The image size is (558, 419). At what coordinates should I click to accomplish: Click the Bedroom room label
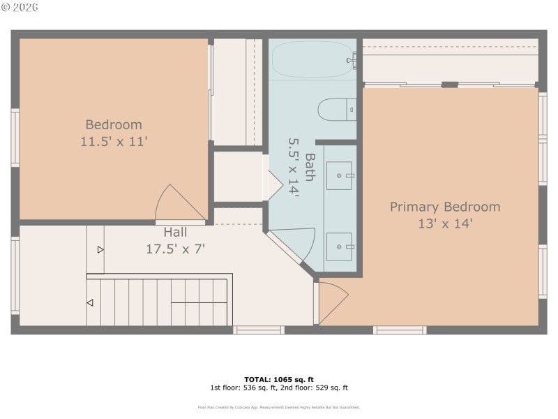[x=114, y=125]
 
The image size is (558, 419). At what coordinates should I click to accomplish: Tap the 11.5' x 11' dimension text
[x=114, y=142]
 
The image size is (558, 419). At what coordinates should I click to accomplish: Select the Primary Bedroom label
[x=444, y=207]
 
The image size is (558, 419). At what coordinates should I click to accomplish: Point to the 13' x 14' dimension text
[x=444, y=223]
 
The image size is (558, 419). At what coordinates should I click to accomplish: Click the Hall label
[x=175, y=232]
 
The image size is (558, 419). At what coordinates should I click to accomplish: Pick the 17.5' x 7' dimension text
[x=175, y=248]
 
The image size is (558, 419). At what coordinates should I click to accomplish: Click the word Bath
[x=309, y=167]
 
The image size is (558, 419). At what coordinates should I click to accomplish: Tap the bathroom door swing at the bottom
[x=289, y=244]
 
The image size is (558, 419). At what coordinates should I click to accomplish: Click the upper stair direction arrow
[x=101, y=249]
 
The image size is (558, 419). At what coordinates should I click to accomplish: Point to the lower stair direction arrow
[x=90, y=302]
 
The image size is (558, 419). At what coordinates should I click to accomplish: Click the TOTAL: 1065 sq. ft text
[x=278, y=379]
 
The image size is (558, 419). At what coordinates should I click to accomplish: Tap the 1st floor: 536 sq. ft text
[x=242, y=388]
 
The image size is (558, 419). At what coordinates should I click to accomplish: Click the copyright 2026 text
[x=20, y=7]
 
